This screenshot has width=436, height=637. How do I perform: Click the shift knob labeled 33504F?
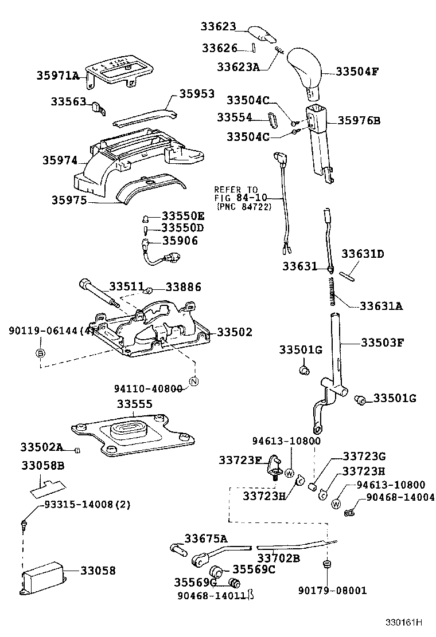point(305,69)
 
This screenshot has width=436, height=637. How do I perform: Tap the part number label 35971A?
point(58,76)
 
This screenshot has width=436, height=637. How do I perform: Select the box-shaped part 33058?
point(45,573)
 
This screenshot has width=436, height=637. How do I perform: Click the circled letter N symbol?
point(194,382)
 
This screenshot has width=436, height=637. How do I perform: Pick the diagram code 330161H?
point(403,622)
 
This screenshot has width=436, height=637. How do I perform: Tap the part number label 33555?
point(135,403)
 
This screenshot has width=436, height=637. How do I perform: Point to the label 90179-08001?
point(332,590)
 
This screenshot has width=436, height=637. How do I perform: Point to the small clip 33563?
point(98,107)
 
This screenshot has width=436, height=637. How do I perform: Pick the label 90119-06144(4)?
point(52,331)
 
